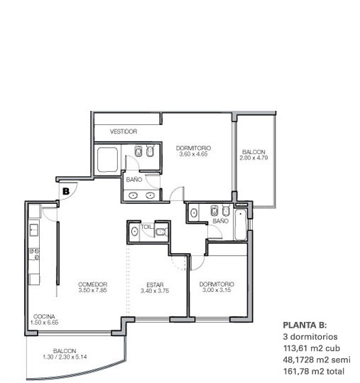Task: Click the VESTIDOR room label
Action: [x=124, y=131]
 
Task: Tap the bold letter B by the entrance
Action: [x=66, y=191]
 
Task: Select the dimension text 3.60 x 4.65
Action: [x=193, y=154]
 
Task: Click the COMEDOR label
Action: [x=92, y=284]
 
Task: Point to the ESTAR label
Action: [x=155, y=285]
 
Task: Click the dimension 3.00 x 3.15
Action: [x=217, y=290]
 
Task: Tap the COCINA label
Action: [x=44, y=317]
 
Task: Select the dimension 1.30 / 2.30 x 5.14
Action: [x=65, y=357]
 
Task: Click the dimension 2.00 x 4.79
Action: [x=253, y=158]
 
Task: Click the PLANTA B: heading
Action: [x=305, y=325]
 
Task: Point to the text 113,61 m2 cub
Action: [x=312, y=348]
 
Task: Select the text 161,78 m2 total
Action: [x=314, y=371]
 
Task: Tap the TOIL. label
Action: [x=147, y=227]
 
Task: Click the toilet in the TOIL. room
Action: [x=162, y=232]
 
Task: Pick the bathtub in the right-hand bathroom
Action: [x=240, y=225]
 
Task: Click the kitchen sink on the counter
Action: [x=34, y=230]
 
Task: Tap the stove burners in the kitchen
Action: [x=34, y=254]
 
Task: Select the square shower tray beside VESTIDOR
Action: [x=107, y=159]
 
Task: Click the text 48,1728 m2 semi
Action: [x=317, y=360]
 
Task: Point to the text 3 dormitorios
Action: [x=310, y=337]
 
